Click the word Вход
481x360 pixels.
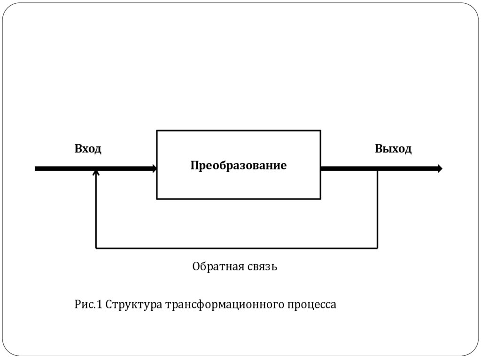tap(88, 149)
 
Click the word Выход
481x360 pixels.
tap(393, 149)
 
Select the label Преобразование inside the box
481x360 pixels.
tap(238, 166)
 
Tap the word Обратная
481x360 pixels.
tap(217, 267)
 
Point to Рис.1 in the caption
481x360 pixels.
tap(88, 305)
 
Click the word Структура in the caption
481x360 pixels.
tap(134, 305)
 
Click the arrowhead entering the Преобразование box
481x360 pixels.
tap(154, 169)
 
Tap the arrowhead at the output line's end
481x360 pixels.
tap(440, 169)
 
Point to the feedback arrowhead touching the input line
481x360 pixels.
tap(96, 173)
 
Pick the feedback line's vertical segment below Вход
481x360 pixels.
tap(96, 211)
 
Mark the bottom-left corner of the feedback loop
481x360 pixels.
tap(96, 247)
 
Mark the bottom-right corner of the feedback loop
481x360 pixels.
tap(377, 247)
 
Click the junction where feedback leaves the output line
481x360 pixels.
tap(377, 169)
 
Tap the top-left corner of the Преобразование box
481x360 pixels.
tap(157, 130)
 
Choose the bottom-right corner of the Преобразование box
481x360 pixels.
tap(321, 199)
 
